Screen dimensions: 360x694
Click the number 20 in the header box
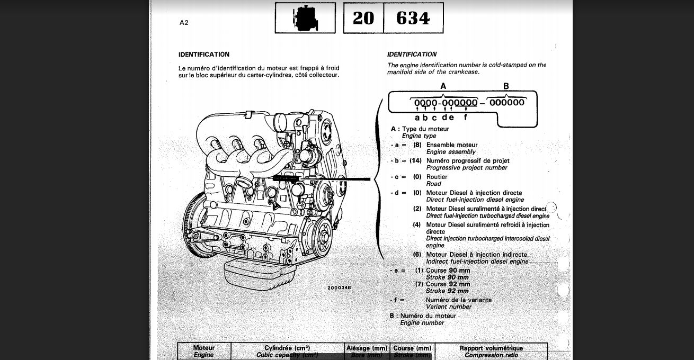(363, 19)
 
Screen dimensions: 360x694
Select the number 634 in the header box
(413, 19)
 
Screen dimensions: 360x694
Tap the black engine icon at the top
(305, 19)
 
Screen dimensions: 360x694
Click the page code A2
(184, 23)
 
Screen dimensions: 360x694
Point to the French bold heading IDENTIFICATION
(204, 55)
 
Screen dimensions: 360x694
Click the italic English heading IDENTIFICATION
(412, 55)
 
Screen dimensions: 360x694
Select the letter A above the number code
(443, 86)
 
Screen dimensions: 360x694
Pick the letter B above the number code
(506, 86)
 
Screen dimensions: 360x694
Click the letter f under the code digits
(465, 118)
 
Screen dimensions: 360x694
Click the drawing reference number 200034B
(339, 287)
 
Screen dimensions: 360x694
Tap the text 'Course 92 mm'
(448, 284)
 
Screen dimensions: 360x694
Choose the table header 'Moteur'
(204, 348)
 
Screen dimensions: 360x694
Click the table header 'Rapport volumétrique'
(491, 348)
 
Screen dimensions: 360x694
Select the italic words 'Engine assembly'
(451, 152)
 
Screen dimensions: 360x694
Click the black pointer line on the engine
(344, 179)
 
